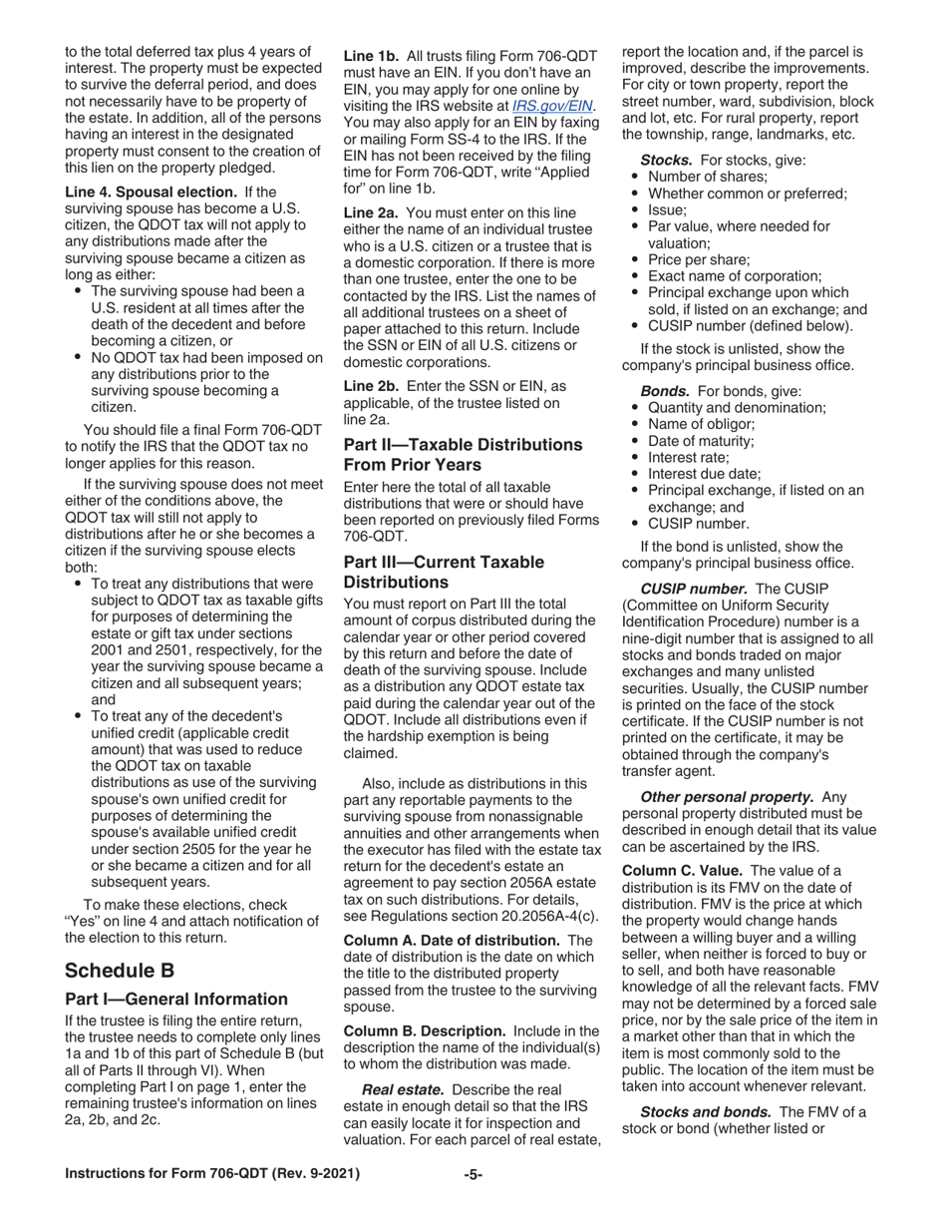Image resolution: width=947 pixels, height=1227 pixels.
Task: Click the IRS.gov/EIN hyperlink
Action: coord(553,105)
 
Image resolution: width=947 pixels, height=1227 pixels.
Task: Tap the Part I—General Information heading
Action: coord(176,1000)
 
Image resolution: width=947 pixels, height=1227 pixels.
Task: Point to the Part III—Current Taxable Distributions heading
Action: coord(444,572)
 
